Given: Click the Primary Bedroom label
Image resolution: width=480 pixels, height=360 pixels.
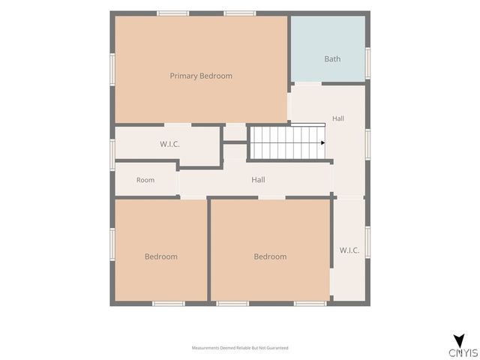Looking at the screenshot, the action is pos(201,76).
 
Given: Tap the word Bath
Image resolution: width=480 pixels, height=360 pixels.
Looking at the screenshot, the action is pos(332,58).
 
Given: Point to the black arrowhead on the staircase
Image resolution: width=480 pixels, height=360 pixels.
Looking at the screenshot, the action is pos(323,143).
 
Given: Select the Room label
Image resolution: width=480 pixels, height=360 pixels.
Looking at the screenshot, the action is pos(145,180).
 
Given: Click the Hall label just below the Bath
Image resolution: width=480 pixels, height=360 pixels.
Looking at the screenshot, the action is pos(338,118).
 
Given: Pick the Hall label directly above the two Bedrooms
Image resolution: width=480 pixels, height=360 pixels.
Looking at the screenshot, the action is pos(258,180).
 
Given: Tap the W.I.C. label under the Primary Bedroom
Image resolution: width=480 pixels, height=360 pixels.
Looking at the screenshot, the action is pos(169,144).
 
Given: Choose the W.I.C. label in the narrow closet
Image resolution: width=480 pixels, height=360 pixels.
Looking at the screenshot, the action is pos(349,250).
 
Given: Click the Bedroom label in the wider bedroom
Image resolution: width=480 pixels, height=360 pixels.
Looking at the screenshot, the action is pos(270,256).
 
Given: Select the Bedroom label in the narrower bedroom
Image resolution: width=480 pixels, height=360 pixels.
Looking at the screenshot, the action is pos(161,256).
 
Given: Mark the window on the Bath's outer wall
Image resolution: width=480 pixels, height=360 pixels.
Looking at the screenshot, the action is pos(367,63).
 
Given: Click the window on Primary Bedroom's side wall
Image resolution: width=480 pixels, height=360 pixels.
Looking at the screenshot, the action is pos(112,70).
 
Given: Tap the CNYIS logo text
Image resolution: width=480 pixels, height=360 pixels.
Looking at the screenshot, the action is pos(463,353).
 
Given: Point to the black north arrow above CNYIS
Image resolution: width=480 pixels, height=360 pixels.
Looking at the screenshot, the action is pos(459,340).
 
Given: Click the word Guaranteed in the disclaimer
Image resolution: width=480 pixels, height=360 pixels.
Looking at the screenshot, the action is pos(277,348).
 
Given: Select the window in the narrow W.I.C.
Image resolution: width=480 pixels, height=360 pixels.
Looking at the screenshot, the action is pos(367,242).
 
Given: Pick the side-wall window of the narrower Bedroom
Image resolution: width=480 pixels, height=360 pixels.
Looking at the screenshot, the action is pos(112,244).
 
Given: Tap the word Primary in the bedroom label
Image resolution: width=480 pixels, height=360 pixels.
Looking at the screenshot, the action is pos(181,76).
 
